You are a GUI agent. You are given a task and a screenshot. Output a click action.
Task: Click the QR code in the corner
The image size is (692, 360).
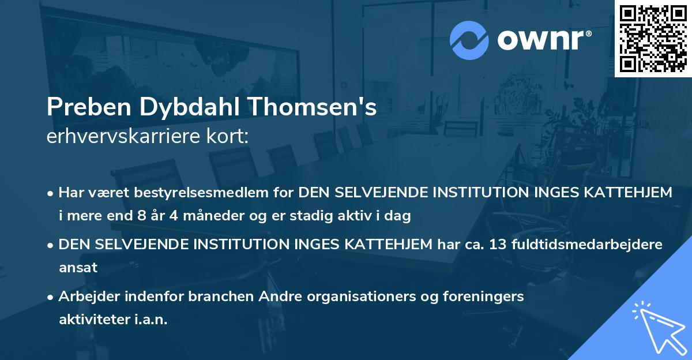[x=653, y=38]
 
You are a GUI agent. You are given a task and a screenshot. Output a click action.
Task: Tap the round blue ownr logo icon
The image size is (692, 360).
[x=469, y=40]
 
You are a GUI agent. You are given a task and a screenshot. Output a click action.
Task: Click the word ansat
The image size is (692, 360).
[x=78, y=268]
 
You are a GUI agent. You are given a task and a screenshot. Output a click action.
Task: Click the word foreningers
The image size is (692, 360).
[x=471, y=297]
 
